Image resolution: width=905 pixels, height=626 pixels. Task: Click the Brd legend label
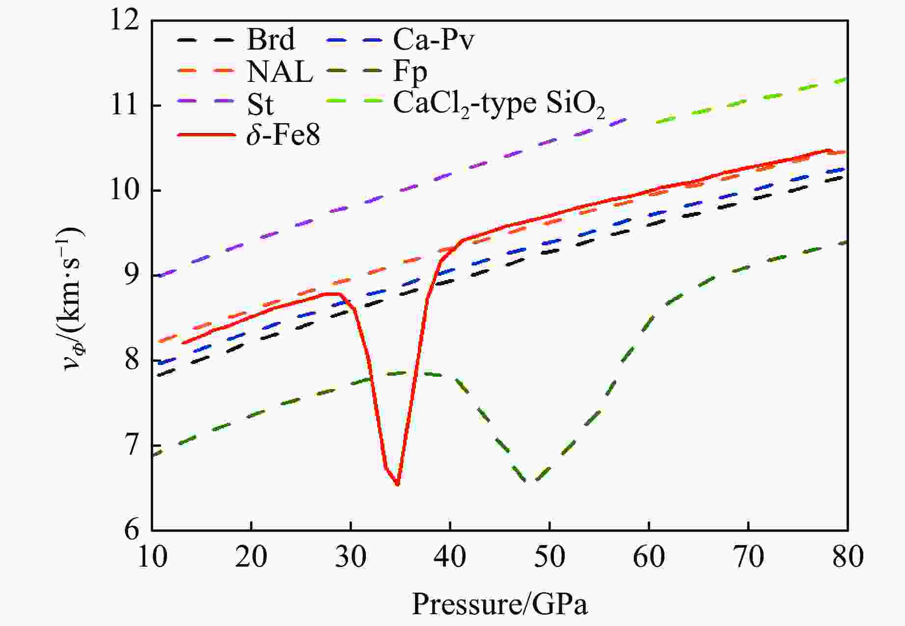pos(271,39)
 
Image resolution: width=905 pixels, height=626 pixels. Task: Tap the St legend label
pos(260,104)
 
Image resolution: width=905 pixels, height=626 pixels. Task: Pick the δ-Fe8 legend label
pos(283,135)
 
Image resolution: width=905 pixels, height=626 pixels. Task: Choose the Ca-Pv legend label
pos(434,39)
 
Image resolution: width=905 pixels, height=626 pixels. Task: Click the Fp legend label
pos(410,72)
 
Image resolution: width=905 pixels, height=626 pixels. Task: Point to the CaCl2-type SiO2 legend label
pos(499,104)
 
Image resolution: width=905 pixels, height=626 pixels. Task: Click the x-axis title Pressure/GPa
pos(499,604)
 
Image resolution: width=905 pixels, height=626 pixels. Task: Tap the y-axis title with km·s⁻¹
pos(75,299)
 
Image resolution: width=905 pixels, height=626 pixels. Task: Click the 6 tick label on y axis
pos(132,530)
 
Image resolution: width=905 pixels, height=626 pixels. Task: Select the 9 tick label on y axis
pos(132,276)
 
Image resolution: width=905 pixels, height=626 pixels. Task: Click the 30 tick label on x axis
pos(351,557)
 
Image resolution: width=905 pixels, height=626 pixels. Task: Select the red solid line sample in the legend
pos(206,134)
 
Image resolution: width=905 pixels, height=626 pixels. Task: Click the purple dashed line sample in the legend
pos(206,101)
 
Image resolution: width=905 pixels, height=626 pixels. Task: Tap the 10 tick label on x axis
pos(153,557)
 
